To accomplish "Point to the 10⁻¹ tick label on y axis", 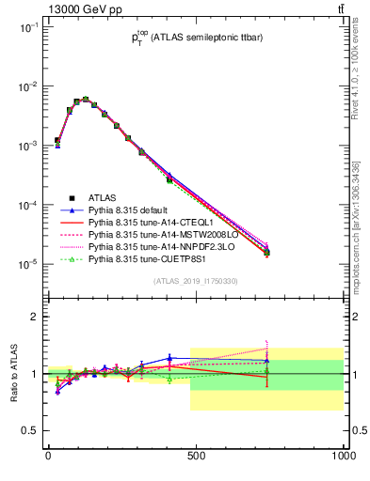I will pos(26,27).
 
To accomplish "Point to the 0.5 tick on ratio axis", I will pos(28,430).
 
